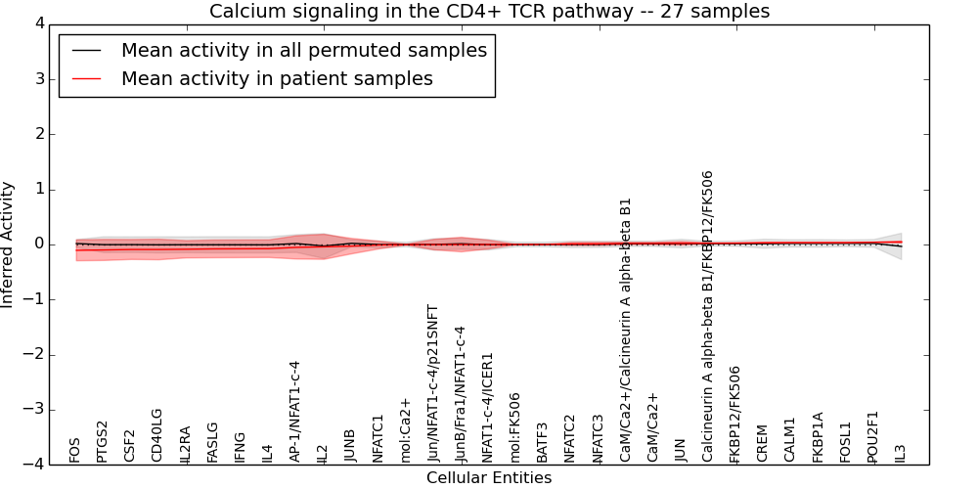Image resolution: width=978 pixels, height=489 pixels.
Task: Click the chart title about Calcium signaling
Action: [x=489, y=11]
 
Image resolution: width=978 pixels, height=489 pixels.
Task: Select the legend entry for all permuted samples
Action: [x=303, y=50]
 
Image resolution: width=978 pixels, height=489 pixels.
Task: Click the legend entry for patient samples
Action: [x=277, y=78]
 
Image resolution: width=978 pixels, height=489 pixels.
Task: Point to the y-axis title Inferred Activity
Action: [x=8, y=244]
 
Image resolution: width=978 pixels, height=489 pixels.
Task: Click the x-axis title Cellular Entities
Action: [x=489, y=478]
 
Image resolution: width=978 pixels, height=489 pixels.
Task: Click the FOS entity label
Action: [x=75, y=450]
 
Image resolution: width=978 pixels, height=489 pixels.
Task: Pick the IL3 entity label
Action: [x=901, y=453]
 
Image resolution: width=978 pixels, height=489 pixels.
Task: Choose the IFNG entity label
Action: [x=241, y=447]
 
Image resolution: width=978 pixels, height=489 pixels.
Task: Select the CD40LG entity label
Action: [x=157, y=435]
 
